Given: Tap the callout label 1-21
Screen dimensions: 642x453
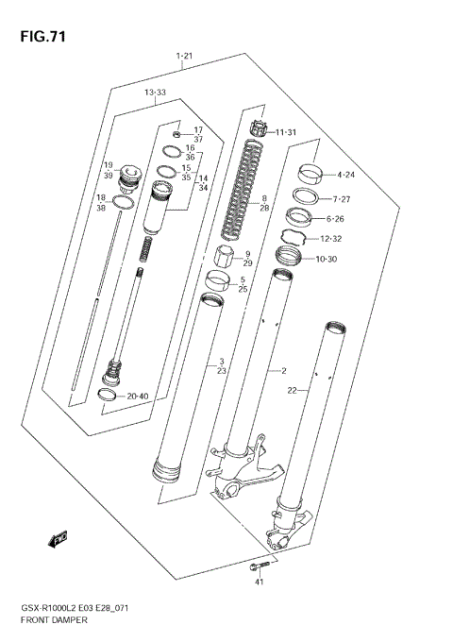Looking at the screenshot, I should pyautogui.click(x=185, y=58).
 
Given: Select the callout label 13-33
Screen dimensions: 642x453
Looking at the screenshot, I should pyautogui.click(x=155, y=93).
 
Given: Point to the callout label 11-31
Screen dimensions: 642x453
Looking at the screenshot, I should pyautogui.click(x=285, y=132).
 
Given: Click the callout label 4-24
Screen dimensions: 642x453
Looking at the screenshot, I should pyautogui.click(x=344, y=175).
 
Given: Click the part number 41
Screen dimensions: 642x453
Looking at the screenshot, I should pyautogui.click(x=260, y=583).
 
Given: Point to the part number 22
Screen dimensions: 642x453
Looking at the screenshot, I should pyautogui.click(x=293, y=390).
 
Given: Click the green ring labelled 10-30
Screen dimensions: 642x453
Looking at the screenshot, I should pyautogui.click(x=288, y=254).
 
